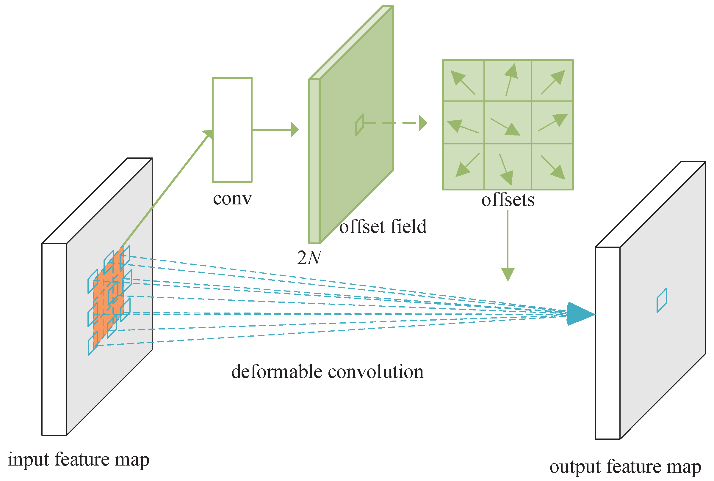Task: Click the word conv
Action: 232,198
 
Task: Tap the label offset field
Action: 383,227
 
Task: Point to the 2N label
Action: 309,257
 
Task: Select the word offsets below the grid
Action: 508,200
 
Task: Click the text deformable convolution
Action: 327,372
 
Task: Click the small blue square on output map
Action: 661,300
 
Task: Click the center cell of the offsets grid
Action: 507,122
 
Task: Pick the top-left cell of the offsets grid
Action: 463,81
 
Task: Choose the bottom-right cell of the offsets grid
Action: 552,167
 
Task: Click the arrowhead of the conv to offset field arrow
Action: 295,130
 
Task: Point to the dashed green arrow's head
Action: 423,123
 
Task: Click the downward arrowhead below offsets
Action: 508,274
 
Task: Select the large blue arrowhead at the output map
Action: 579,314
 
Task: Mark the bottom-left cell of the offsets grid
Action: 463,167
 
